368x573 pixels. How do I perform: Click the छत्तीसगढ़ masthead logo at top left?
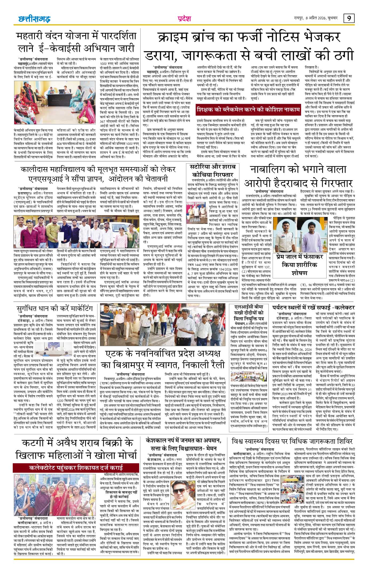click(x=34, y=19)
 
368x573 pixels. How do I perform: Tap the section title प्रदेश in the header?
click(x=184, y=19)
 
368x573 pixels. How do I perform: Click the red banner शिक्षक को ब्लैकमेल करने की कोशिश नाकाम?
click(x=248, y=110)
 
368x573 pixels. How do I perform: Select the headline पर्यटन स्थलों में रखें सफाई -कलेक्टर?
click(x=313, y=308)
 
